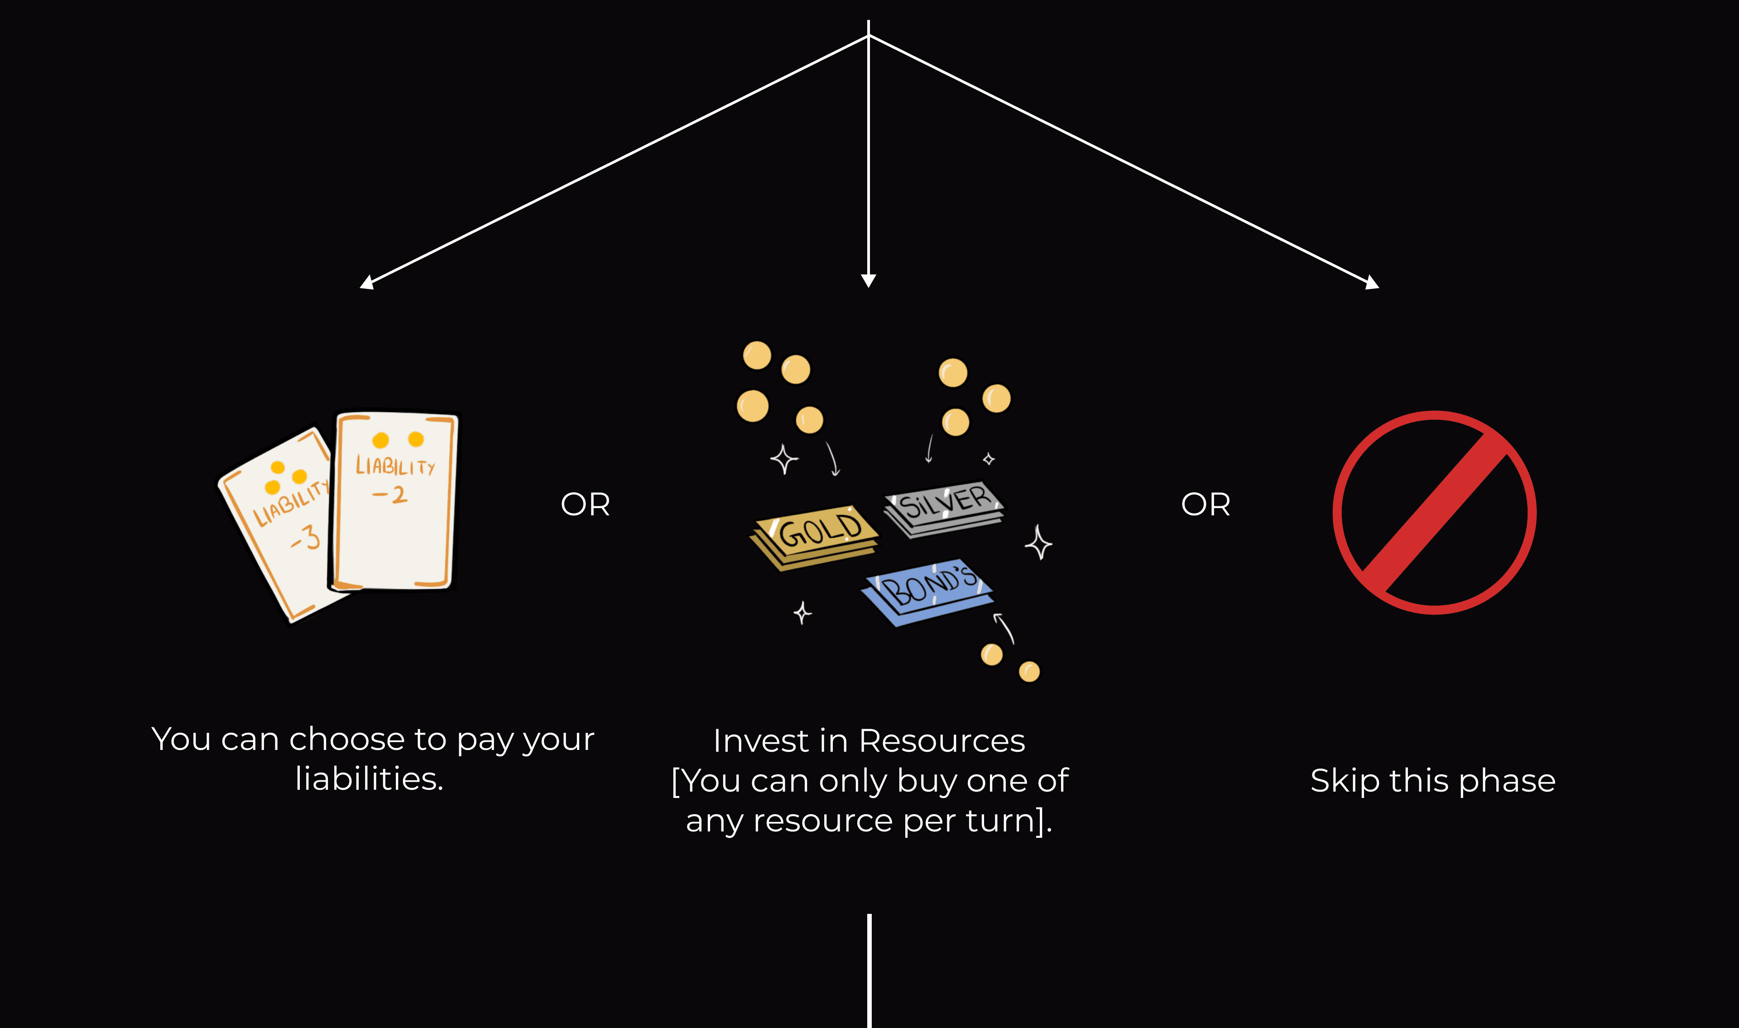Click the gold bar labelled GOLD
[815, 537]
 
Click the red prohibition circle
[1434, 513]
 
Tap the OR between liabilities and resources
[585, 504]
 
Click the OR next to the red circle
[1206, 504]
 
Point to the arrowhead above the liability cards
[367, 282]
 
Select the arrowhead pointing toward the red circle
[1371, 282]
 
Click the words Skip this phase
[1432, 781]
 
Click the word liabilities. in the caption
[369, 779]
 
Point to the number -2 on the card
[390, 495]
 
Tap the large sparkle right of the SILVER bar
[1038, 543]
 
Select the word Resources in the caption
[942, 741]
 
